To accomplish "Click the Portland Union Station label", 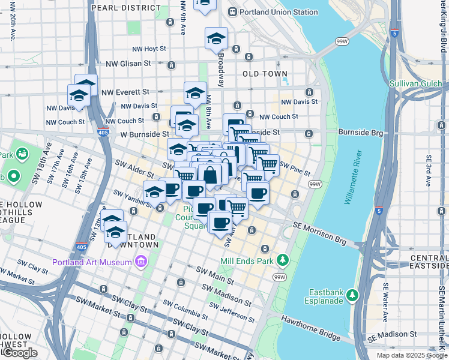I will [x=279, y=12].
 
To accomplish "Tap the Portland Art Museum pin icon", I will [x=141, y=262].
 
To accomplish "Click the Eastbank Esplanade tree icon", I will [x=352, y=295].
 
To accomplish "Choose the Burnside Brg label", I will [x=360, y=131].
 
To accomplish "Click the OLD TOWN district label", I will [x=265, y=74].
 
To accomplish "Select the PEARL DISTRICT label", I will [x=125, y=8].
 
